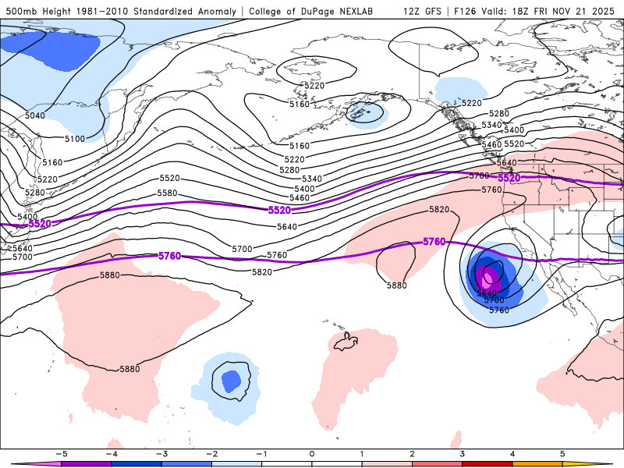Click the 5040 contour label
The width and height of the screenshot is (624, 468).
coord(35,115)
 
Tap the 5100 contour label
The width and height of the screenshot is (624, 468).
coord(75,139)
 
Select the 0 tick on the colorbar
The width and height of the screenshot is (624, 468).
coord(312,453)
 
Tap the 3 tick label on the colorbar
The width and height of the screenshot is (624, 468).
coord(463,453)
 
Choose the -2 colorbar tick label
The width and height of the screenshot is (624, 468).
coord(211,453)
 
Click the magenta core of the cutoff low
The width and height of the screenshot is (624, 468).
coord(490,276)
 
